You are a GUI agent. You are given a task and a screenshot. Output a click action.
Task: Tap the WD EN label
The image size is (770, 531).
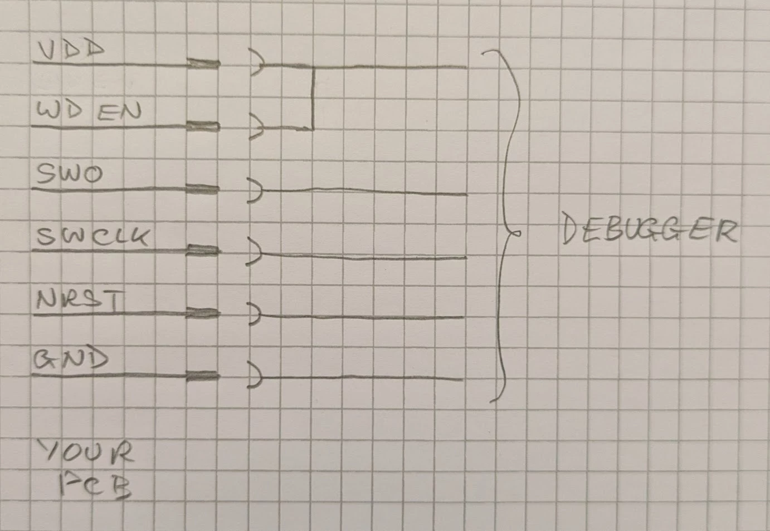point(89,111)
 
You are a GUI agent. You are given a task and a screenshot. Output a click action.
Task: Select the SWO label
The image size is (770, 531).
point(70,174)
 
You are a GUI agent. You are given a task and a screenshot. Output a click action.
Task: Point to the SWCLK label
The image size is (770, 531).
point(93,237)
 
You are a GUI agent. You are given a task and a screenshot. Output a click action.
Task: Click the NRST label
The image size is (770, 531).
point(80,299)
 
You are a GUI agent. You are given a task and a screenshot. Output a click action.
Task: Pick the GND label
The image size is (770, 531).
point(71,360)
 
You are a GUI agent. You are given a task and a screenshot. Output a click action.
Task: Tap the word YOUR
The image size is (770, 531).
point(86,451)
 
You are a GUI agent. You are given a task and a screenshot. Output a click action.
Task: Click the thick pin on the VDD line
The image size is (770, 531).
point(204,64)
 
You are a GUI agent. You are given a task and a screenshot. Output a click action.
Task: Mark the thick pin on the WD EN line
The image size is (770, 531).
point(203,126)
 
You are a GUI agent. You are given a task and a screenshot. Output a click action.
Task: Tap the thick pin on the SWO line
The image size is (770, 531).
point(202,189)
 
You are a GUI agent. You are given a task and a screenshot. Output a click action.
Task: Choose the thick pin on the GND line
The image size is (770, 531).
point(203,376)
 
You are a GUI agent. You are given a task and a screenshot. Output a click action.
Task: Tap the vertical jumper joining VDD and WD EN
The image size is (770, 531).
point(313,99)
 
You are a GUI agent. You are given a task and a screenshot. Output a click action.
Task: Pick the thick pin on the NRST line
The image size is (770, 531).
point(203,313)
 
